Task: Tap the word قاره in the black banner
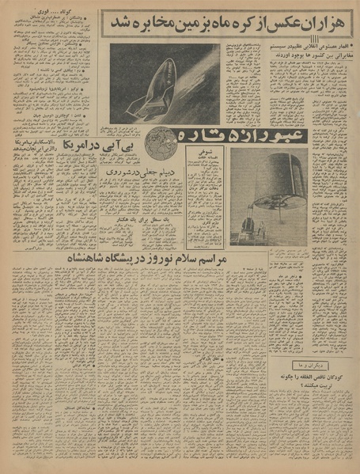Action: click(202, 135)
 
